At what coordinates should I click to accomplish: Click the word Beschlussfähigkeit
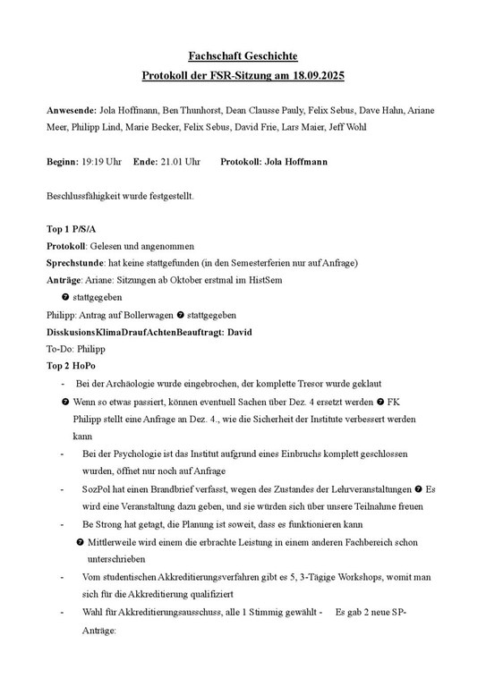[85, 195]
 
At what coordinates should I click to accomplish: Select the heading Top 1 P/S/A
[71, 229]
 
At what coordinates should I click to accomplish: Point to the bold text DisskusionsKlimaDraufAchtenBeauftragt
[130, 332]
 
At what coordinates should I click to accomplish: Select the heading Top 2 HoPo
[71, 366]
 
